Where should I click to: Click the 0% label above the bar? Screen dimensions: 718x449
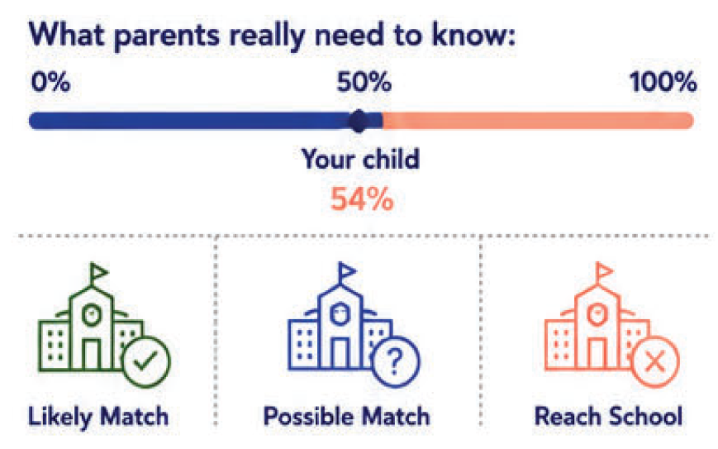(x=50, y=83)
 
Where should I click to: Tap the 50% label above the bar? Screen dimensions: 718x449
(x=364, y=83)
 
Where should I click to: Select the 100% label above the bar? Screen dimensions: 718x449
(x=663, y=83)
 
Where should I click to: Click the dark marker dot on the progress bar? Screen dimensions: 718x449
(x=359, y=121)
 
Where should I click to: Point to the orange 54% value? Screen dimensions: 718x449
(x=362, y=198)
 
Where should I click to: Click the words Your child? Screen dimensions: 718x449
(x=360, y=159)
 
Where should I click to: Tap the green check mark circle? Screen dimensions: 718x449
(x=146, y=362)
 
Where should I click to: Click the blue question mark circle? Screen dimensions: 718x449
(x=395, y=362)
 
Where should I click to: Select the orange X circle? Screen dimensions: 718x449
(x=655, y=362)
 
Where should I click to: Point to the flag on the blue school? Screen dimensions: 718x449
(x=347, y=272)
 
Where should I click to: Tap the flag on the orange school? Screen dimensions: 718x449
(x=604, y=272)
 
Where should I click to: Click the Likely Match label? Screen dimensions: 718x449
(x=98, y=417)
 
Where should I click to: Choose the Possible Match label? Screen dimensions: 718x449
(x=347, y=416)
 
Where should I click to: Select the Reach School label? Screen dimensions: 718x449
(x=609, y=416)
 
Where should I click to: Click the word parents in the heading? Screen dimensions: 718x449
(x=167, y=36)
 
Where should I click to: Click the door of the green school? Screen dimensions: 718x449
(x=92, y=354)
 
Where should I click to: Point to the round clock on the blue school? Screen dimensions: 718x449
(x=340, y=314)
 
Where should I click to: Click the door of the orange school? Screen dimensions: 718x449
(x=597, y=354)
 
